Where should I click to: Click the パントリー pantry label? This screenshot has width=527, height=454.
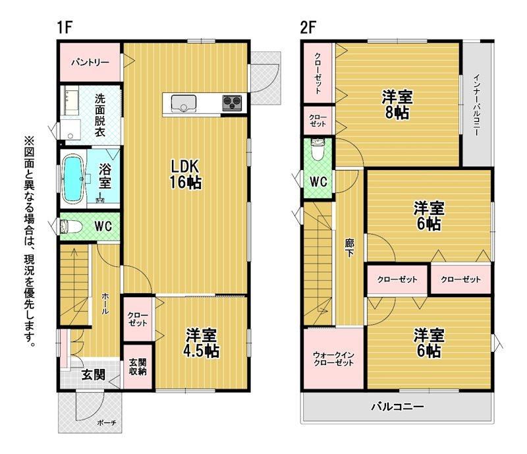click(90, 63)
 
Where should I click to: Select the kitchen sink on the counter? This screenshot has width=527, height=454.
click(184, 103)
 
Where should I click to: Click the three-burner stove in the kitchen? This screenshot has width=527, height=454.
click(232, 102)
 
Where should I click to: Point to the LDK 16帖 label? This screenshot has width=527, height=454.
click(186, 174)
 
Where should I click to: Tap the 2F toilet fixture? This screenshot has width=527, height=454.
click(318, 150)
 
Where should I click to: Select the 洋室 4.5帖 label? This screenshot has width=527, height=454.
click(202, 343)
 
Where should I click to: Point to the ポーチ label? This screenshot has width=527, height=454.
click(106, 423)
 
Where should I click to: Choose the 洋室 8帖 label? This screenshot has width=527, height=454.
click(397, 105)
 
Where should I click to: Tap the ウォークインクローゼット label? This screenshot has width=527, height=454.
click(333, 359)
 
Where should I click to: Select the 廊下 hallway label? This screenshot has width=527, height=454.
click(349, 248)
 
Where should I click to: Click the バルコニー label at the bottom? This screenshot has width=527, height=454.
click(397, 407)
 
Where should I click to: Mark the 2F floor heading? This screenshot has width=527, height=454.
click(308, 27)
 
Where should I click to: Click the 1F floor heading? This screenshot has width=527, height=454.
click(65, 27)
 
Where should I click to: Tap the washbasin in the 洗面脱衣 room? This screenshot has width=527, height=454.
click(70, 129)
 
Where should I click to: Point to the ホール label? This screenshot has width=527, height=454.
click(105, 303)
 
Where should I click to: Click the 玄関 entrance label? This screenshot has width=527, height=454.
click(93, 375)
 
